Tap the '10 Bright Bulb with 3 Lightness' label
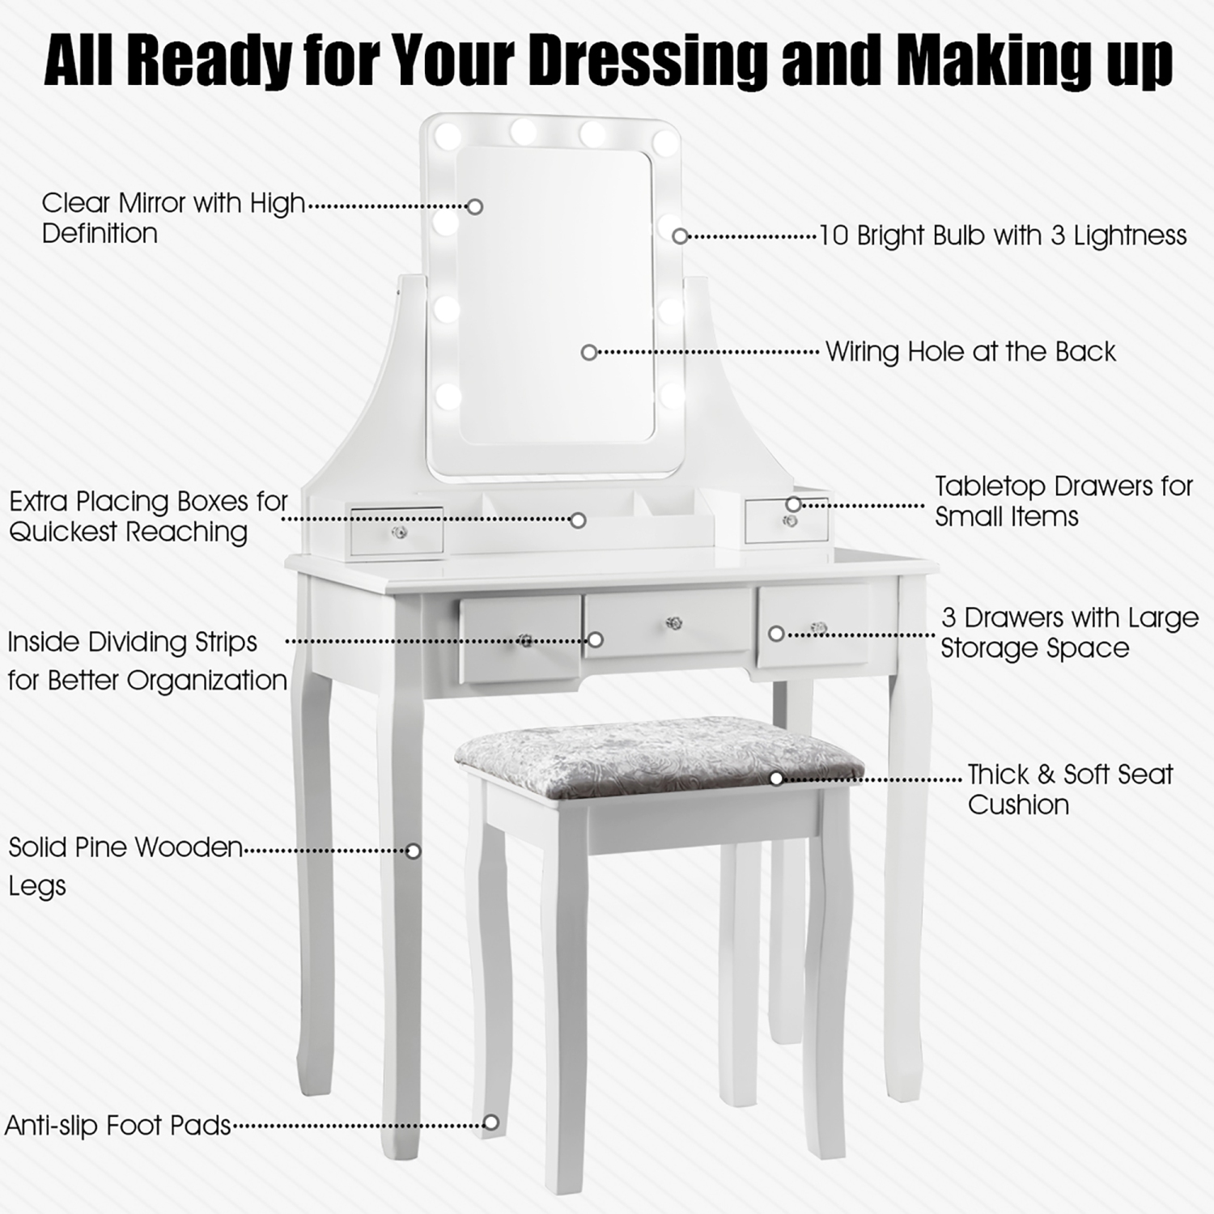(1003, 236)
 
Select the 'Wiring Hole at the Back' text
(970, 352)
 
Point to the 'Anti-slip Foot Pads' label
(118, 1126)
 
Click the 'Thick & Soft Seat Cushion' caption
(1069, 789)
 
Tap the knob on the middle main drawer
(673, 623)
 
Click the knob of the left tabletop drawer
(398, 533)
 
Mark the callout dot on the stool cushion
(776, 779)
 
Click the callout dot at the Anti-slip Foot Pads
(490, 1123)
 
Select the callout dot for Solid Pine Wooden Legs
(414, 851)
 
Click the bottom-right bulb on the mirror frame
(671, 396)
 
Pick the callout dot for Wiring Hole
(589, 352)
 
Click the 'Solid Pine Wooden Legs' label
(125, 866)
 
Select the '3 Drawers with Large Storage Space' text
(1068, 632)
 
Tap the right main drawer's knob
(819, 628)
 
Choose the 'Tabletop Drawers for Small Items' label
(1063, 501)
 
